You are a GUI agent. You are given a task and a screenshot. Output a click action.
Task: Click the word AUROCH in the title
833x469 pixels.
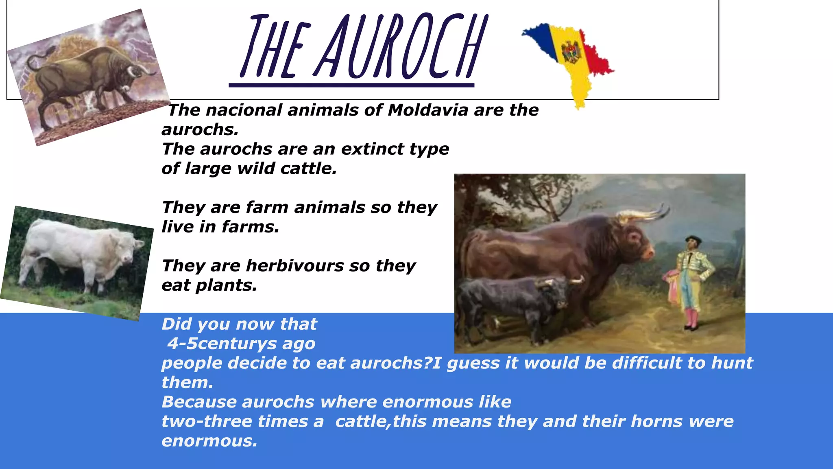[401, 47]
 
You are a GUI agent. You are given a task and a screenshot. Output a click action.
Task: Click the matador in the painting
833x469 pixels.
[691, 281]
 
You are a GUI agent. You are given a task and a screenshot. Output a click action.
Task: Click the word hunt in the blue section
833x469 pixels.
[732, 363]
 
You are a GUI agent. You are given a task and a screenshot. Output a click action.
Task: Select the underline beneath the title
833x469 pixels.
[351, 85]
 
